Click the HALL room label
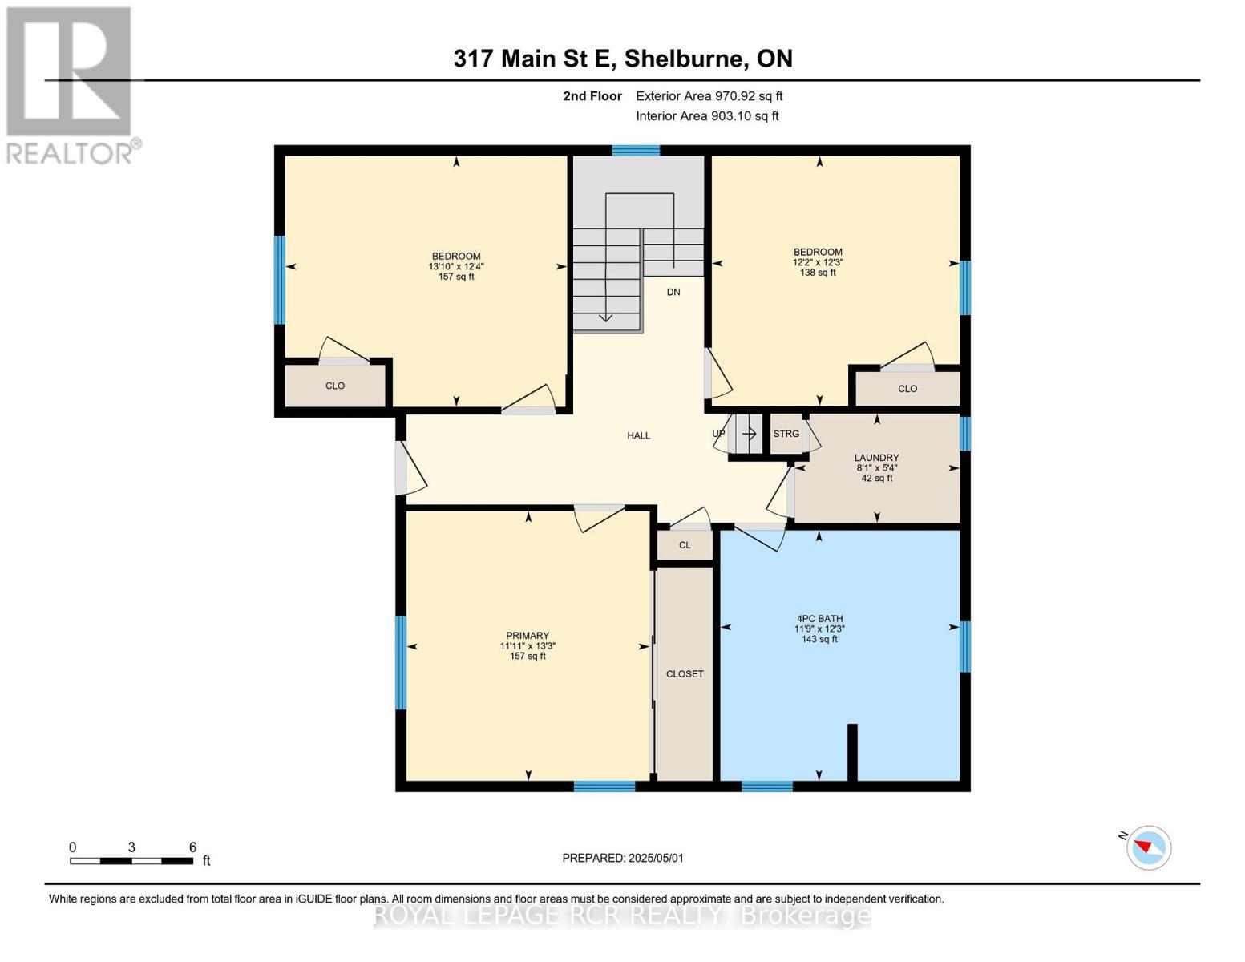[638, 435]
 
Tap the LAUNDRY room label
[876, 458]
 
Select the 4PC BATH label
[819, 619]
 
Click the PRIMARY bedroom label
[528, 636]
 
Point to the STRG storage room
[786, 434]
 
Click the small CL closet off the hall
[685, 545]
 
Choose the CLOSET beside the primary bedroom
[685, 674]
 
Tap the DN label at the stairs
[673, 292]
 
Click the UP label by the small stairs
[718, 434]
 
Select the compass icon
[1148, 847]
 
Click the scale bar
[131, 861]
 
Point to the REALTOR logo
[71, 85]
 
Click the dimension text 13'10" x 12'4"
[456, 267]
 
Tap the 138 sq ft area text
[818, 273]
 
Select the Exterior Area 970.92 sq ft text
[709, 96]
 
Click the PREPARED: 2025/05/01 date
[623, 858]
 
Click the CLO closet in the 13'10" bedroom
[335, 386]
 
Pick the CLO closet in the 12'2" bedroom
[907, 389]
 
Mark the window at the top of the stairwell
[636, 150]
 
